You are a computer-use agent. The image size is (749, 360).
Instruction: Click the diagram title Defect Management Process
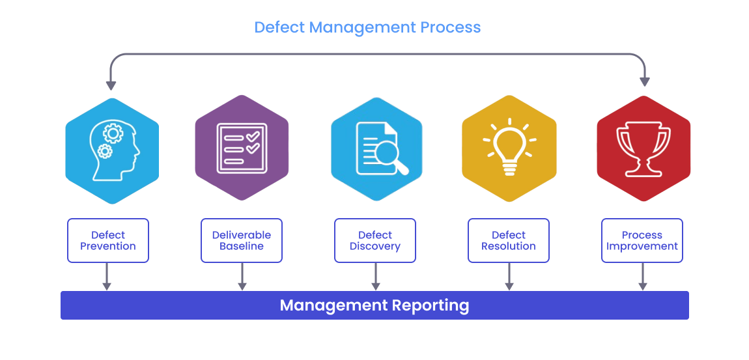367,27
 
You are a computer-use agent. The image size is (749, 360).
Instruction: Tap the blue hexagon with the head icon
112,150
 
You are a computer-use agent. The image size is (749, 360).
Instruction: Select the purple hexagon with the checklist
242,149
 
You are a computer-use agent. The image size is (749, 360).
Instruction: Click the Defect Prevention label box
108,240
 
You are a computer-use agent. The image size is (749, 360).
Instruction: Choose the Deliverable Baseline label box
242,240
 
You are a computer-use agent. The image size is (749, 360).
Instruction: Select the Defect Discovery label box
375,240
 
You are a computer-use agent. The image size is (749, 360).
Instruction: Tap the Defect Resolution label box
509,240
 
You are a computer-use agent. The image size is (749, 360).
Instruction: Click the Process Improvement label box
642,240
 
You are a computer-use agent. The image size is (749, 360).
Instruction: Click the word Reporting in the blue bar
431,305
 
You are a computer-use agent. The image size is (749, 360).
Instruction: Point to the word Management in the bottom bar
333,305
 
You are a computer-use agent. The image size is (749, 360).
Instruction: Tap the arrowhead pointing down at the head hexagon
111,85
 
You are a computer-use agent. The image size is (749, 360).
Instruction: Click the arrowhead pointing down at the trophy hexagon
645,81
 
